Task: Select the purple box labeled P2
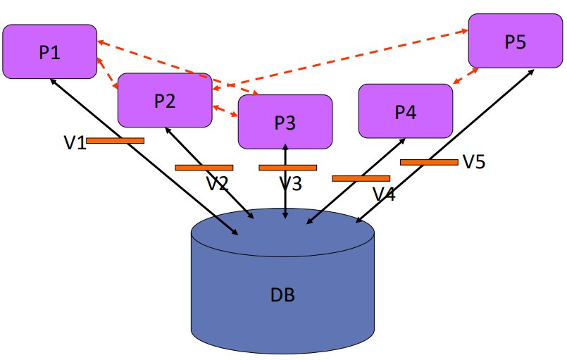164,100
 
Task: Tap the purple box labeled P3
285,122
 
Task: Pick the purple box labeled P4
405,111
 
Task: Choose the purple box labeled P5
515,42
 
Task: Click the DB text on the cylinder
282,294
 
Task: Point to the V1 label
75,143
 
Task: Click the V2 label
217,185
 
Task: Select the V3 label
289,185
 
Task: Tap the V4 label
384,194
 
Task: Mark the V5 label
474,162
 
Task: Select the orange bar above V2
204,168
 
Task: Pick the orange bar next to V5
429,162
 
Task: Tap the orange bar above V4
361,178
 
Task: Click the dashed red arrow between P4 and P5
466,76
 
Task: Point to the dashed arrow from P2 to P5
338,60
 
